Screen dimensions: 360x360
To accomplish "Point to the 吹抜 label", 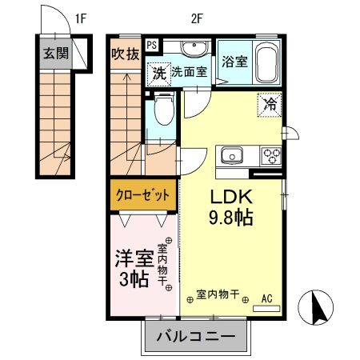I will coord(126,54).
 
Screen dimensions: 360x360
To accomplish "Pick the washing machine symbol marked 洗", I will coord(158,72).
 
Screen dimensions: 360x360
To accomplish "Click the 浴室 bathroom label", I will coord(234,61).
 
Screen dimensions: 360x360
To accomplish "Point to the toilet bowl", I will coord(165,110).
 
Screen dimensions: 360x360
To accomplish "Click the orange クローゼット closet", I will coord(144,194).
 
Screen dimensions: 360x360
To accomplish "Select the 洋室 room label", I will coord(133,259).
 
